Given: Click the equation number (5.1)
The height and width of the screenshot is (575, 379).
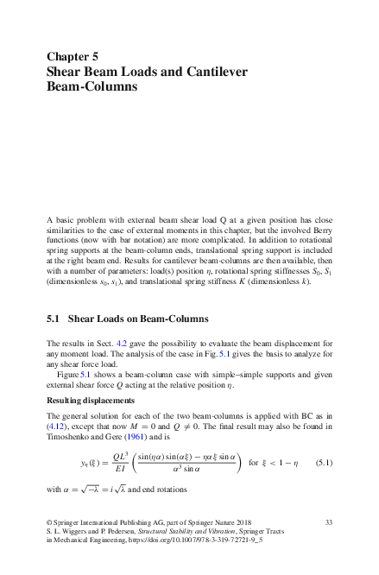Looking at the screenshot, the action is tap(324, 488).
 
